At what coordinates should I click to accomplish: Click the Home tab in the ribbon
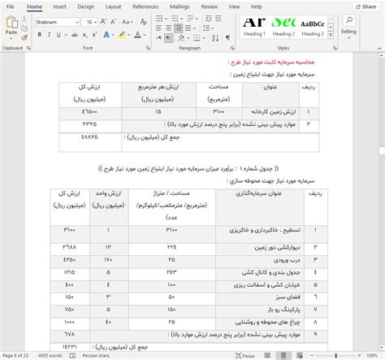(34, 7)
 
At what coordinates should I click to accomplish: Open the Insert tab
(59, 7)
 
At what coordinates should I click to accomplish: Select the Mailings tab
(180, 7)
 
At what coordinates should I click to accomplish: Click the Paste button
(11, 26)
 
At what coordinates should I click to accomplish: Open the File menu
(10, 7)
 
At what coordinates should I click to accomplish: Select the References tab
(145, 7)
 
